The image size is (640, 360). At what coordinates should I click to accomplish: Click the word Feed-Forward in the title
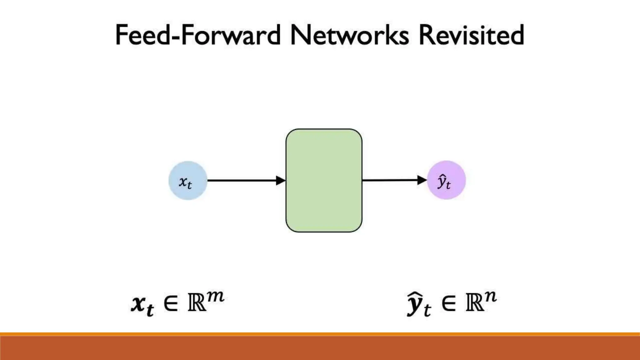[197, 35]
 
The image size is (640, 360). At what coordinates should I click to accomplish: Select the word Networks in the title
[349, 35]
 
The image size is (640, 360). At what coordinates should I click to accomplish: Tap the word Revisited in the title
[471, 35]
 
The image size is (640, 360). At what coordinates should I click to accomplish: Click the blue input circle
[188, 181]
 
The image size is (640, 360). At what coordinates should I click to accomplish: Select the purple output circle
[446, 180]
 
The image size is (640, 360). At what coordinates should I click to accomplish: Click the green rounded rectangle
[324, 181]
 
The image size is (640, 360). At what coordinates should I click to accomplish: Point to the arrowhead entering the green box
[281, 181]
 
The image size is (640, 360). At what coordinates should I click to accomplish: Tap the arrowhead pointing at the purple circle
[422, 180]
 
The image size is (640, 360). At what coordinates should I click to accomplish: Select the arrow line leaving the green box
[389, 180]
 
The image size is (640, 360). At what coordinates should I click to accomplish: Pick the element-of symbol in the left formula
[171, 303]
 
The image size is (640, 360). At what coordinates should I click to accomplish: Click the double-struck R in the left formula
[197, 303]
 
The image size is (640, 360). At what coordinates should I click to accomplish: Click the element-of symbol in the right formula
[449, 303]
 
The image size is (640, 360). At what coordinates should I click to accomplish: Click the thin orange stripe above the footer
[320, 334]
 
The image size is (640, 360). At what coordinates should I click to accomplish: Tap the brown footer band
[320, 348]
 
